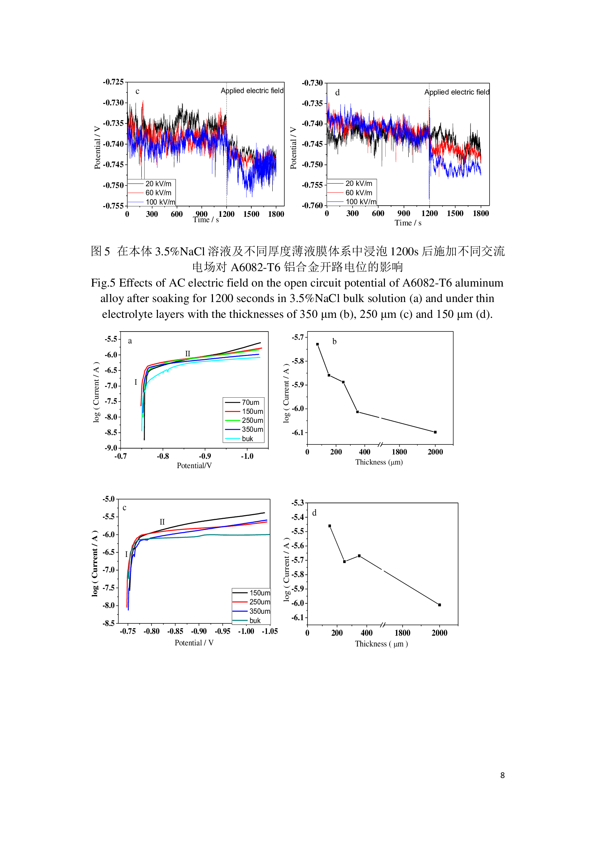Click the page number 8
(x=502, y=775)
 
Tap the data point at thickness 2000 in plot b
(x=435, y=432)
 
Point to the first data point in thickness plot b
(x=318, y=344)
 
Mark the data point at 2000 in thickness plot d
(x=440, y=605)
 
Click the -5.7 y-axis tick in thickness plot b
(x=298, y=337)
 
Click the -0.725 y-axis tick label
(x=113, y=82)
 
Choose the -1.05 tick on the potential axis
(x=270, y=631)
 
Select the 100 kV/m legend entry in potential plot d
(x=360, y=202)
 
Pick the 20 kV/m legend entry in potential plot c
(x=158, y=184)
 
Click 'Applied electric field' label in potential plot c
(x=252, y=91)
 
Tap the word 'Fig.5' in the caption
(x=103, y=283)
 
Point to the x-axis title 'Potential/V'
(x=194, y=466)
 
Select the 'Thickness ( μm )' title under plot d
(x=381, y=644)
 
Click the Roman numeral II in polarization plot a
(x=187, y=353)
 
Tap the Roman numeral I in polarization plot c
(x=126, y=554)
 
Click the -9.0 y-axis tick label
(x=111, y=448)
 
